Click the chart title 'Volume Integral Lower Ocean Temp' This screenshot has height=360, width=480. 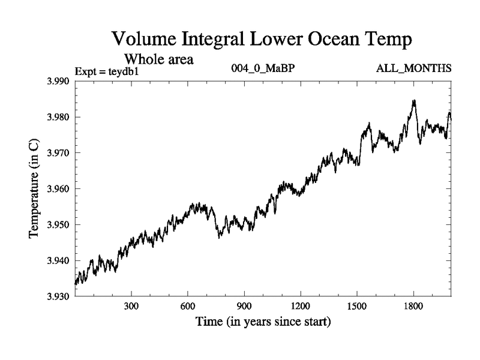(263, 40)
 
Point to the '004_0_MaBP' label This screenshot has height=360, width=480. (263, 69)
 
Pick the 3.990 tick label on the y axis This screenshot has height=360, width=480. (58, 81)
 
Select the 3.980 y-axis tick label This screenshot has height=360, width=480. (58, 117)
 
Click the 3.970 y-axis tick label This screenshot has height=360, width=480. (58, 153)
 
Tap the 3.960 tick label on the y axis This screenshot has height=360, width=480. (58, 189)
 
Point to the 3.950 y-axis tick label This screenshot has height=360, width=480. (58, 225)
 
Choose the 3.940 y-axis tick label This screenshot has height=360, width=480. (58, 261)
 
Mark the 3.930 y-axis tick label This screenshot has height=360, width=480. (58, 296)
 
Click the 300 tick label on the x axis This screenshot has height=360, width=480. (131, 306)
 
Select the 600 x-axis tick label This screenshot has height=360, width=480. (188, 306)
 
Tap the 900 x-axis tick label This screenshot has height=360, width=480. (244, 306)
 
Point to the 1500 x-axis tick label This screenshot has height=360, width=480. (357, 306)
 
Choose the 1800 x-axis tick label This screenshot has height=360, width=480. (413, 306)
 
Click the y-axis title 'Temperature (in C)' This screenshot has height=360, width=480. (34, 188)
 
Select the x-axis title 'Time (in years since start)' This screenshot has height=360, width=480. (263, 322)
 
